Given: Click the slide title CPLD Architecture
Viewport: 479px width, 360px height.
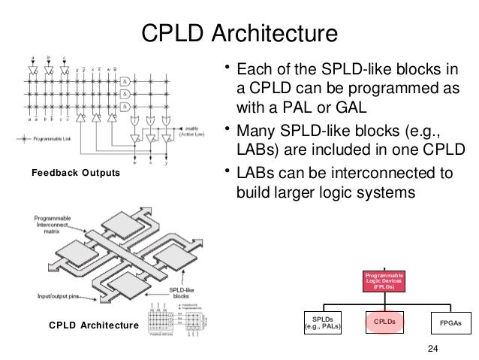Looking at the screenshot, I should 239,33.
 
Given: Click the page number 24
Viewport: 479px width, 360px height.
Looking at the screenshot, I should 431,347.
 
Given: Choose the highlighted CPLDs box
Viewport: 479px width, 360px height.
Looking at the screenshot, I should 384,322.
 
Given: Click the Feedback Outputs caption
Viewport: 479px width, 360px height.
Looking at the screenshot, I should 75,174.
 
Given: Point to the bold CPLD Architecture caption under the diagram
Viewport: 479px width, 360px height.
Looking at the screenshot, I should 94,325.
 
